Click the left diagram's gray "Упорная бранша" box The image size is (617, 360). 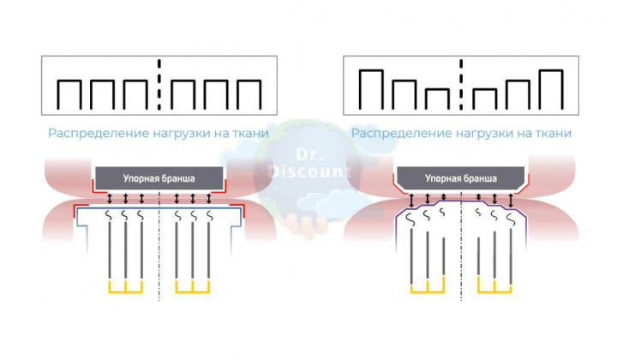point(159,177)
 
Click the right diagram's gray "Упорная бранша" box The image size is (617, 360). point(460,177)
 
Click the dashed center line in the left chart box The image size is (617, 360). point(159,85)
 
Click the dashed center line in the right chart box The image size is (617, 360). point(461,85)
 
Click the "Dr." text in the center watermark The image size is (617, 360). point(304,155)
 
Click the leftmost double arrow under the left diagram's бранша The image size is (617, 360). point(110,198)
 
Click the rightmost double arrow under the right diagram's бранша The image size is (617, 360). point(511,201)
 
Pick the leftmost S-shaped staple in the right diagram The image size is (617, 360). point(410,219)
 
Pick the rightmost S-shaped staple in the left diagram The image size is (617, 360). point(209,215)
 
